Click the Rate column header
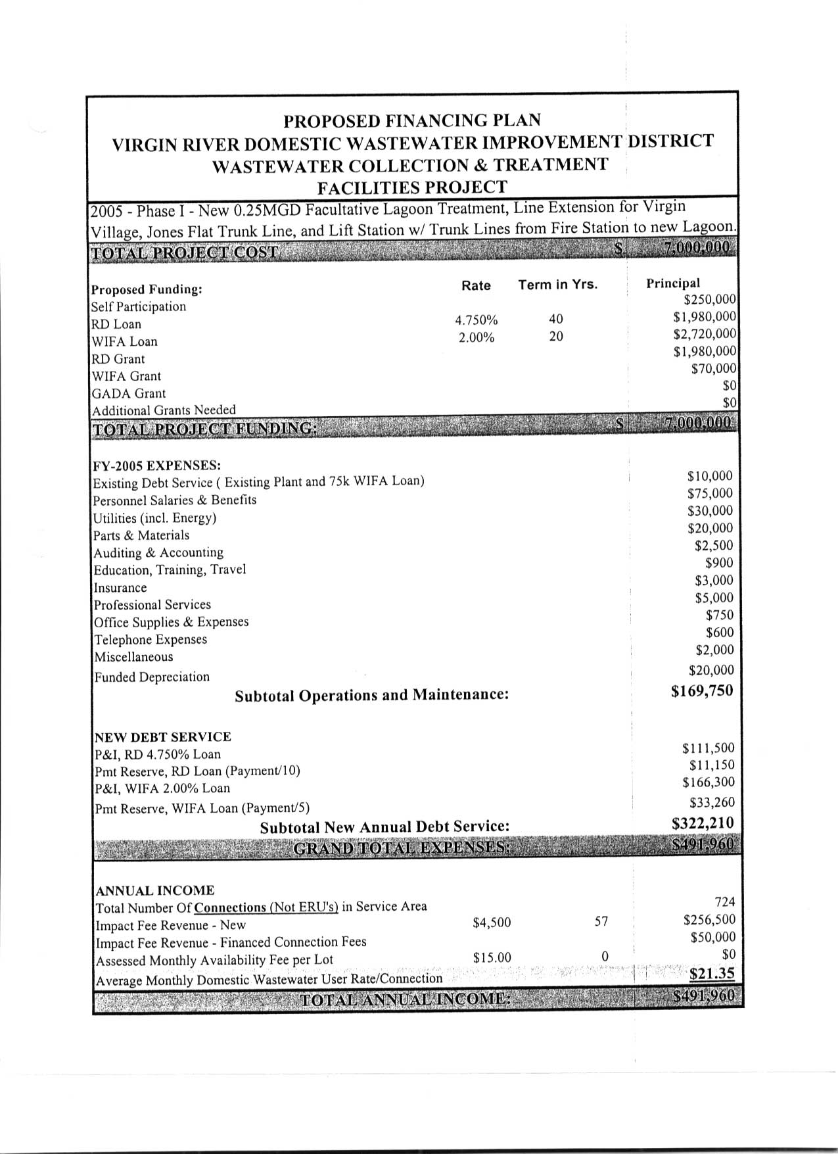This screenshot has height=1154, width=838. tap(476, 285)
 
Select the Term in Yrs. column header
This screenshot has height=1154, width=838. tap(558, 285)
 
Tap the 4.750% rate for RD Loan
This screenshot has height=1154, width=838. tap(477, 321)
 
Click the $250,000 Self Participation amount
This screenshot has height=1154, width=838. tap(710, 300)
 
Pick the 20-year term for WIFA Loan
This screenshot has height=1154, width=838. tap(556, 337)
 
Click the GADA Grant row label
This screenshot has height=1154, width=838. tap(129, 394)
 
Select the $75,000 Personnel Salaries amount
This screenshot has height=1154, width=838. tap(710, 494)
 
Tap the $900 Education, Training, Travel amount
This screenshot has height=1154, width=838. tap(719, 563)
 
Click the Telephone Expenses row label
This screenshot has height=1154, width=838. tap(151, 640)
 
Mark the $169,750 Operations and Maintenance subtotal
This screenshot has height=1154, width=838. tap(702, 691)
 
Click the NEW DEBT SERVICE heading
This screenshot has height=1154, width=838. tap(163, 737)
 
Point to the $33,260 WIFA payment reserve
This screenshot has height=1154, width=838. tap(712, 803)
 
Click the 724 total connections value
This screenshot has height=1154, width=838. tap(724, 902)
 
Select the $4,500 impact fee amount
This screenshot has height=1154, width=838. tap(492, 923)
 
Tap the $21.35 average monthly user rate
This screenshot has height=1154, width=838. tap(712, 974)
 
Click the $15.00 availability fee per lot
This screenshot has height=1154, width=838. tap(492, 958)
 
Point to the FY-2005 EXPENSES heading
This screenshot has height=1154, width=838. tap(157, 466)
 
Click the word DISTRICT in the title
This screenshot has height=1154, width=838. tap(670, 141)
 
